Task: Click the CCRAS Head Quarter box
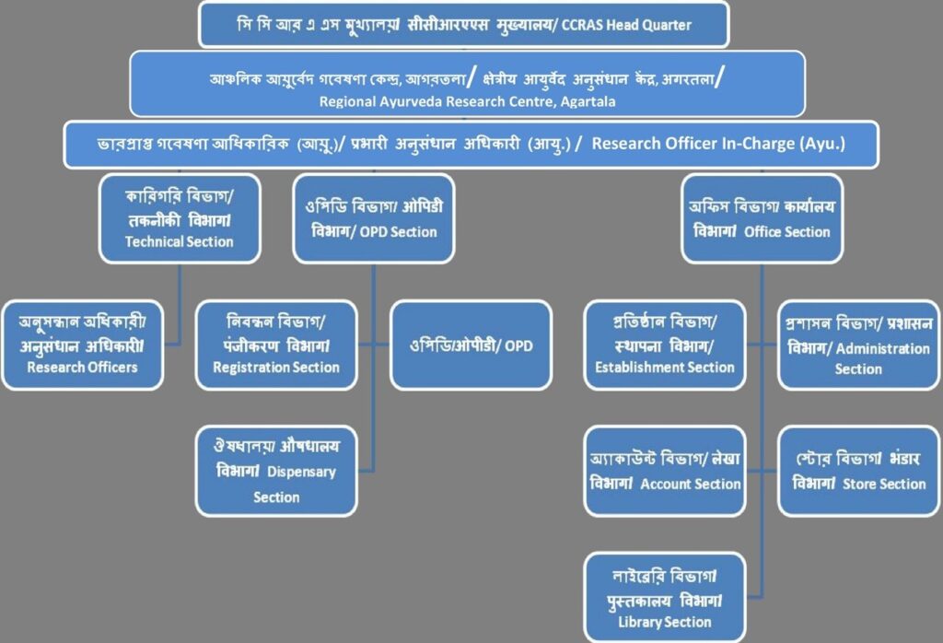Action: point(464,25)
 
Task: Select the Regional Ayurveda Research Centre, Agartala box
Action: point(467,83)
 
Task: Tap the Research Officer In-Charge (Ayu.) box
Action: point(470,146)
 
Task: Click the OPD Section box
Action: point(373,218)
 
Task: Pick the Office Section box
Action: point(762,218)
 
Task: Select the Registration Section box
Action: point(276,345)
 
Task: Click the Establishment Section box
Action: point(665,345)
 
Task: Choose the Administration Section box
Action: point(858,345)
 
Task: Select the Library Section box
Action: point(665,597)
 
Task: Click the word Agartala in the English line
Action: point(586,101)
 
